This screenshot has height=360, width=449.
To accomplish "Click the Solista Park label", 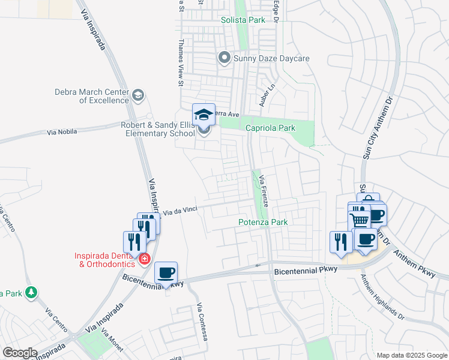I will (x=243, y=20).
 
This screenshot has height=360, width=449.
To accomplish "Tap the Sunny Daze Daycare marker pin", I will (x=224, y=58).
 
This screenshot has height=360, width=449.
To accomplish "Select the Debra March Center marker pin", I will (x=138, y=95).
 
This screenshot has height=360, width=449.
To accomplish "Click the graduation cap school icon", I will (x=203, y=114).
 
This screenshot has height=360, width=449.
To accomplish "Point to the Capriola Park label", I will (x=270, y=128).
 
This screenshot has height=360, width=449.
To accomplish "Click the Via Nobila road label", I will (x=62, y=131).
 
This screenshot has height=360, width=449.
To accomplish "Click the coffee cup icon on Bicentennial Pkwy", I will (x=166, y=273).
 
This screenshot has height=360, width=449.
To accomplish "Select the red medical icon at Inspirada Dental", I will (x=144, y=259).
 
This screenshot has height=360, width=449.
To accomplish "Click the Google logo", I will (x=20, y=353).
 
